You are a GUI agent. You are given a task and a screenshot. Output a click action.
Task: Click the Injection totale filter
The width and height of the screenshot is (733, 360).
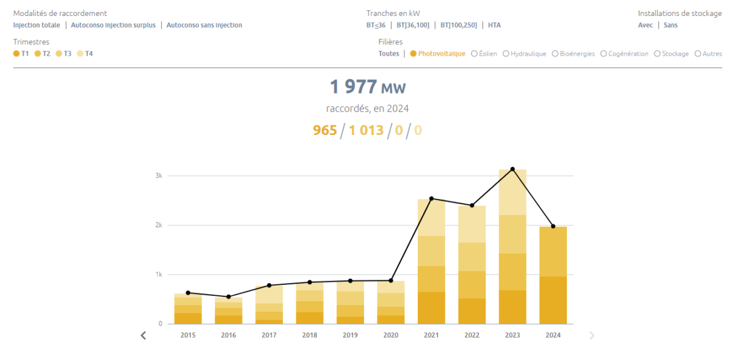[x=37, y=25]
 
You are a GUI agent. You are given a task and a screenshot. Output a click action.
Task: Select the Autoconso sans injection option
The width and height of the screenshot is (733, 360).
[x=204, y=25]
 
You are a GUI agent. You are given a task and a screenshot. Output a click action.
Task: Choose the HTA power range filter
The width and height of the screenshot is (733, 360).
[x=494, y=25]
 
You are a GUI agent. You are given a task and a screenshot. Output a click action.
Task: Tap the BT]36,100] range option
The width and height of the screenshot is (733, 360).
[x=412, y=25]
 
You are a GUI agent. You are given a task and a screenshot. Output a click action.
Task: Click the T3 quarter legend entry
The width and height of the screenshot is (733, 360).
[x=64, y=54]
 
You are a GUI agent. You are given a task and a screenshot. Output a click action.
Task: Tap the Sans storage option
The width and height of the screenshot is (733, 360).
[x=671, y=25]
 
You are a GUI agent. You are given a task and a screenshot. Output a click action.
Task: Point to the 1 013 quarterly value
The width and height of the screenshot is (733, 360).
[x=366, y=130]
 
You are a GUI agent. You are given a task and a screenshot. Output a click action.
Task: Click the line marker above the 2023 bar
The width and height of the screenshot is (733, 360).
[x=512, y=169]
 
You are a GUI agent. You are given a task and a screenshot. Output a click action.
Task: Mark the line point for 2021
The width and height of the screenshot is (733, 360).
[x=431, y=198]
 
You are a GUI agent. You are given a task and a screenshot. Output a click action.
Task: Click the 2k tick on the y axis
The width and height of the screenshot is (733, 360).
[x=158, y=225]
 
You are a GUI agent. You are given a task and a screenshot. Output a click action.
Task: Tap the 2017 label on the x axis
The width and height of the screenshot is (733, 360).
[x=269, y=335]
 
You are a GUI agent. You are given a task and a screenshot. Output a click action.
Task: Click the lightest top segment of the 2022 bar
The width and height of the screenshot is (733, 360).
[x=472, y=224]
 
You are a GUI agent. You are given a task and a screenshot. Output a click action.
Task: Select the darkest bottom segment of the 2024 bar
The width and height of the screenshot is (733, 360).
[x=553, y=299]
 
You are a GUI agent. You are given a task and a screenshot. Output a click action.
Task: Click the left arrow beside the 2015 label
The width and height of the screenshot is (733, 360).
[x=144, y=335]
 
